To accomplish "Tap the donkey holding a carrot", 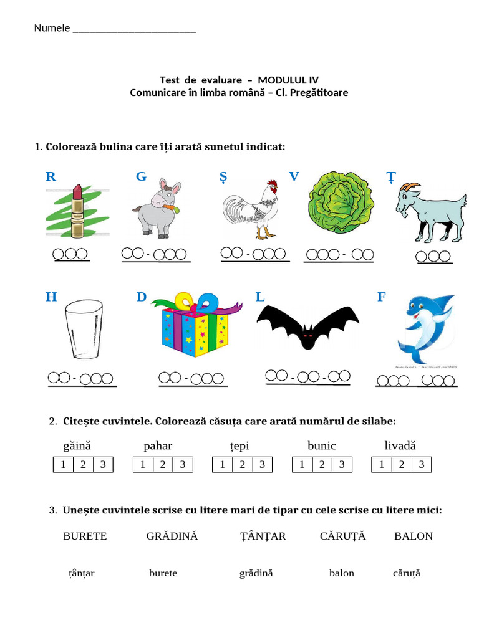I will click(157, 208).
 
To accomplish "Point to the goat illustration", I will click(431, 212).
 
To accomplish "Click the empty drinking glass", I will click(83, 330).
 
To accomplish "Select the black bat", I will click(307, 327).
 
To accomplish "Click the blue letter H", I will click(51, 297).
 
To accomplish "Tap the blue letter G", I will click(141, 177).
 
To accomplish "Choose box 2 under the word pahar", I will click(162, 464).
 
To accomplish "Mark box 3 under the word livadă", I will click(421, 464).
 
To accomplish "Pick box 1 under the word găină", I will click(62, 464).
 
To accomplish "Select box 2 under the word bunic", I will click(322, 464).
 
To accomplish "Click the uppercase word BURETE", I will click(85, 536).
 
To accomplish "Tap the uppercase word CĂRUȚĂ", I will click(342, 536).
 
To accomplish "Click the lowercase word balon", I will click(341, 573).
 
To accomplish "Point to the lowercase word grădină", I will click(256, 573).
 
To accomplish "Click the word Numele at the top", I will click(52, 28).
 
